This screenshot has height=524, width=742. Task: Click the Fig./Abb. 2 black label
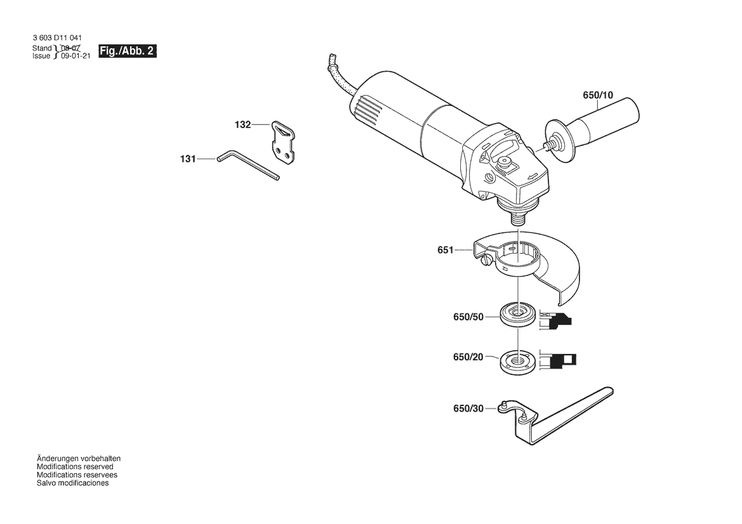pyautogui.click(x=127, y=51)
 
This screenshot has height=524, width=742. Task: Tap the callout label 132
pyautogui.click(x=242, y=125)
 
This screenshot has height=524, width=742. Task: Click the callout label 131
pyautogui.click(x=187, y=159)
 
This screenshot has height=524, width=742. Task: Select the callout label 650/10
pyautogui.click(x=598, y=95)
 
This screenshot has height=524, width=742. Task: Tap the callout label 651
pyautogui.click(x=445, y=250)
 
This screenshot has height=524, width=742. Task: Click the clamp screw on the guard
pyautogui.click(x=487, y=260)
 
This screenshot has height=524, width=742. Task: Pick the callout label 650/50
pyautogui.click(x=468, y=317)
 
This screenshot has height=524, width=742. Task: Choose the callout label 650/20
pyautogui.click(x=468, y=358)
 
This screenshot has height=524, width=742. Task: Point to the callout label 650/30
pyautogui.click(x=468, y=409)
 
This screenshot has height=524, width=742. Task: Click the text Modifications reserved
pyautogui.click(x=75, y=466)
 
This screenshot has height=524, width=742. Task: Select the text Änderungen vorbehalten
pyautogui.click(x=79, y=458)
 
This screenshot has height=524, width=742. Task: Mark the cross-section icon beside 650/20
pyautogui.click(x=559, y=360)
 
